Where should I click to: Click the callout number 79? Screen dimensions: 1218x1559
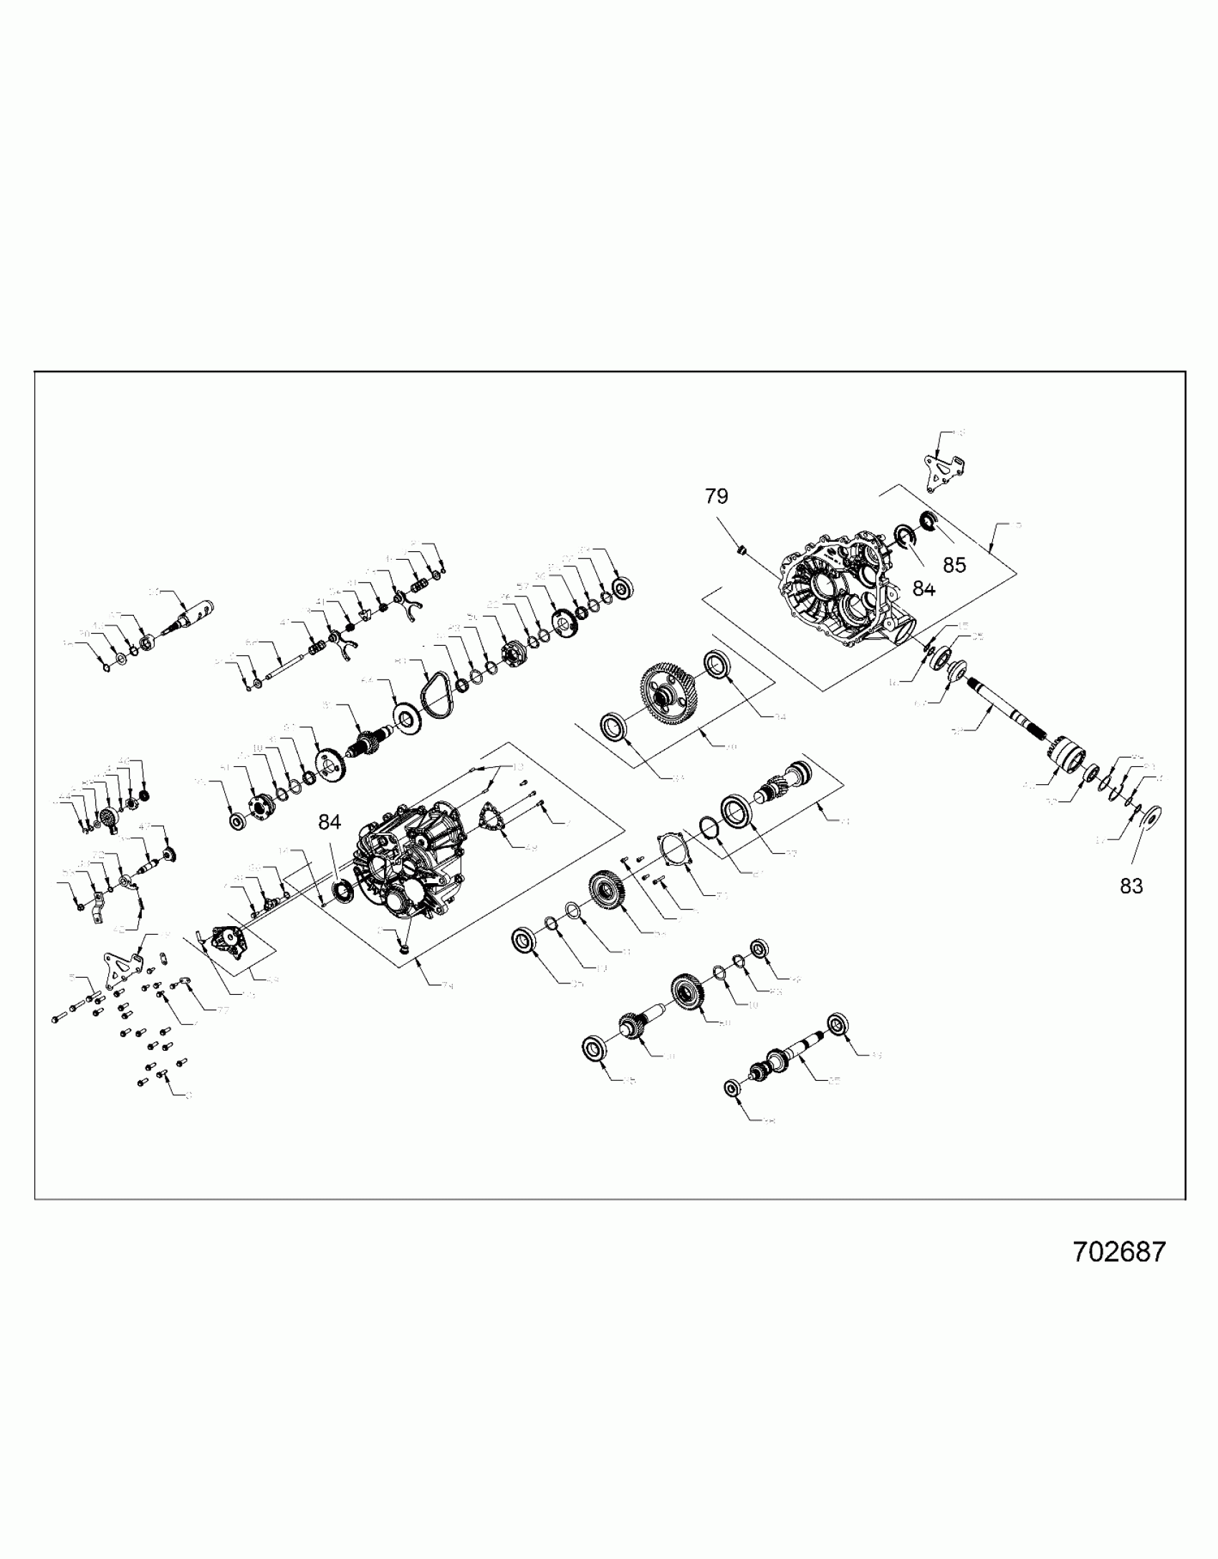(716, 496)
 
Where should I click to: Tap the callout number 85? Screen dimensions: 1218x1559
(954, 565)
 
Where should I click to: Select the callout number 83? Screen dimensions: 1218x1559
(1131, 886)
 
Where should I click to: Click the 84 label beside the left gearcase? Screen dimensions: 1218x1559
(330, 822)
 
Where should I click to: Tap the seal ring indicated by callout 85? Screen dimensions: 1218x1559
(927, 521)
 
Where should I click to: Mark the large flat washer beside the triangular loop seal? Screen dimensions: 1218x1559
(407, 716)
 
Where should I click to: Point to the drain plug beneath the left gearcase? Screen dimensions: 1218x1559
(404, 950)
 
